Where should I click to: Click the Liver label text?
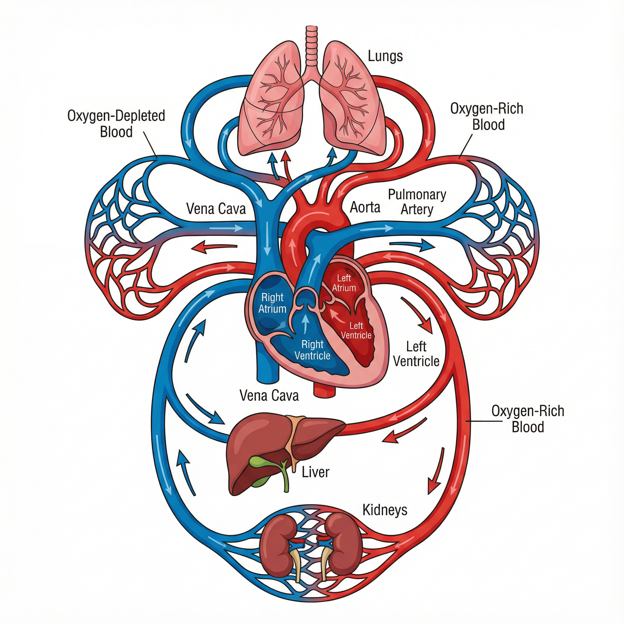[315, 472]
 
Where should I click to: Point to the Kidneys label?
[385, 510]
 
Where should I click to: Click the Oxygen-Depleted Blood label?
[116, 124]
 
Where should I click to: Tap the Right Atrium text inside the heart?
[272, 303]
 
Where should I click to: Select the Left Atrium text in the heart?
[344, 283]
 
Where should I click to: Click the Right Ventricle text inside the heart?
[312, 350]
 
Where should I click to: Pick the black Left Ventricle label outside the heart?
[416, 354]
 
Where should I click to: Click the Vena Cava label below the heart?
[269, 395]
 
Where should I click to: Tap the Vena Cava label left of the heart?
[216, 209]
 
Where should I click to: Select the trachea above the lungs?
[312, 45]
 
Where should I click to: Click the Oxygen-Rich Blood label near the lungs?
[487, 117]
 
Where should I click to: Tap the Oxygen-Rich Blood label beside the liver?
[527, 419]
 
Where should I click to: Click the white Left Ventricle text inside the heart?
[356, 330]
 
